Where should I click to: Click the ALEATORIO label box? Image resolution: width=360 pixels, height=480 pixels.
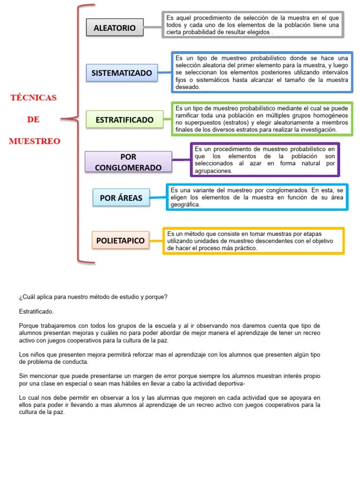tap(115, 28)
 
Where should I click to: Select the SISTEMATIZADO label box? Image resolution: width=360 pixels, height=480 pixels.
tap(121, 73)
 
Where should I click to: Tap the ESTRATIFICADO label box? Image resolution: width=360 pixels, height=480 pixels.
tap(124, 120)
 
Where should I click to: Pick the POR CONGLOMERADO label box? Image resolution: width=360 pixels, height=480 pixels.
tap(128, 162)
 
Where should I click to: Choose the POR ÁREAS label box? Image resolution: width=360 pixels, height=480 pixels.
tap(121, 198)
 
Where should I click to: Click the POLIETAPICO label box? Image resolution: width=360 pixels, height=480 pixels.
tap(120, 241)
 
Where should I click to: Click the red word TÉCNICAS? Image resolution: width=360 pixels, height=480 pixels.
tap(33, 97)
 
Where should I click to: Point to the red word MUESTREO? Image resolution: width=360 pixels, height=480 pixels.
tap(34, 141)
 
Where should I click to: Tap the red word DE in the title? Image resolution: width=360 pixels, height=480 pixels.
tap(33, 120)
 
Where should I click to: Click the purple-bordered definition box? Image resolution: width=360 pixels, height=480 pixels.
tap(265, 160)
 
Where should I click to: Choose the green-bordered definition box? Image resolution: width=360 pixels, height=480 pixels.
tap(262, 120)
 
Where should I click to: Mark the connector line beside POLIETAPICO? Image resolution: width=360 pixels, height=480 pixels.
tap(157, 240)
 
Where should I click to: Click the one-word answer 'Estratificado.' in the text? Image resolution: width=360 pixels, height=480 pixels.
tap(37, 311)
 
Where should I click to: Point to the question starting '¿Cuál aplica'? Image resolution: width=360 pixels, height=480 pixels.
tap(93, 297)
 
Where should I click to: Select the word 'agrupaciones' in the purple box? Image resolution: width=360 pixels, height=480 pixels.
tap(213, 171)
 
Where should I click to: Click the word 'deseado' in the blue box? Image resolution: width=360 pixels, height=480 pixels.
tap(188, 87)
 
